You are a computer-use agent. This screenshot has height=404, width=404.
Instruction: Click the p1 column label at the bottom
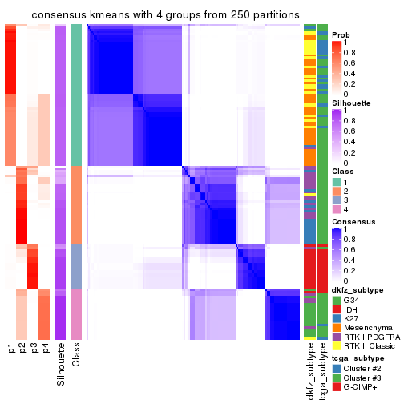[11, 350]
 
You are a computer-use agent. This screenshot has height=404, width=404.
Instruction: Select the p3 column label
[35, 350]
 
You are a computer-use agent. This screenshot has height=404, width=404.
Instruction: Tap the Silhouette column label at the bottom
[60, 366]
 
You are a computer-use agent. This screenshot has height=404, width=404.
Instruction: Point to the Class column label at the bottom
[76, 357]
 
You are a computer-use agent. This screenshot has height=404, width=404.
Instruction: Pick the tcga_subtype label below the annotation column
[322, 374]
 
